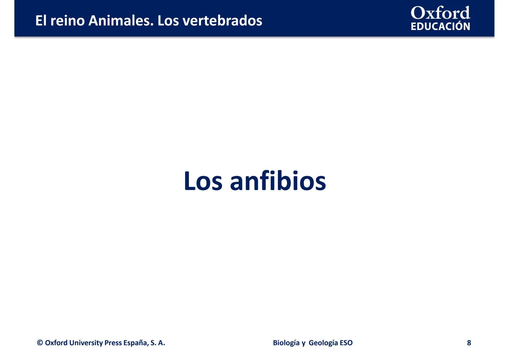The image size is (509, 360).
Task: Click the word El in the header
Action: [41, 21]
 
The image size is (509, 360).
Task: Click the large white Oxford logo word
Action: [440, 13]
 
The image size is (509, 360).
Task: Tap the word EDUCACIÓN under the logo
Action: [440, 26]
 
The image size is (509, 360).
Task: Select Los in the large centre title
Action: [203, 181]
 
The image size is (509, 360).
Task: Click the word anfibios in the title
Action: [278, 181]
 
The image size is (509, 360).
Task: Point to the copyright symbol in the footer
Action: [40, 343]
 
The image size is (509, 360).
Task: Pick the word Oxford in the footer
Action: [56, 343]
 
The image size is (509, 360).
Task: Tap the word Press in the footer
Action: [113, 343]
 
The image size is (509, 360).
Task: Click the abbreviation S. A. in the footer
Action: [158, 343]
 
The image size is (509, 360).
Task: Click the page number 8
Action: [469, 343]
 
